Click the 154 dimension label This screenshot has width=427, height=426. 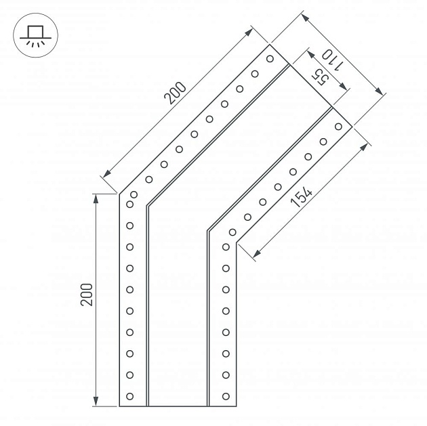(x=302, y=196)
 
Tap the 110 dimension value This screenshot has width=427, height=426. (x=333, y=60)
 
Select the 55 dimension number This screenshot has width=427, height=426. (x=320, y=77)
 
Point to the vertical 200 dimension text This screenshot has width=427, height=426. (x=87, y=295)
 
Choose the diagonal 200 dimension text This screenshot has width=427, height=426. (x=175, y=93)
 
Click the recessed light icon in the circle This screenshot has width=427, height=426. (x=35, y=35)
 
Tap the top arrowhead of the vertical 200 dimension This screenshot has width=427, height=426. (x=96, y=199)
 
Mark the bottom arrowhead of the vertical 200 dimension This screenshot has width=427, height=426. (x=96, y=401)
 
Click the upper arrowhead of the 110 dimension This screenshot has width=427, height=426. (x=305, y=18)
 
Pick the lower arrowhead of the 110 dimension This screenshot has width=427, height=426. (x=380, y=91)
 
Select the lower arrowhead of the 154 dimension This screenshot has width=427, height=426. (x=257, y=254)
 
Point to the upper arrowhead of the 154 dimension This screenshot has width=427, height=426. (x=364, y=147)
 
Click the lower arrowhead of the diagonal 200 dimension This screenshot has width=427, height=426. (x=107, y=173)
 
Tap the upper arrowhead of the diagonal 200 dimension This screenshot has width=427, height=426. (x=249, y=32)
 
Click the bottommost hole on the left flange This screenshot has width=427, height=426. (x=130, y=396)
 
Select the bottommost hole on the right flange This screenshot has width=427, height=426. (x=226, y=396)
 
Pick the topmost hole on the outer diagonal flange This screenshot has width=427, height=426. (x=270, y=58)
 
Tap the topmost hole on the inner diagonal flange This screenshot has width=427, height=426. (x=338, y=127)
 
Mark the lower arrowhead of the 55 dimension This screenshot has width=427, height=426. (x=344, y=87)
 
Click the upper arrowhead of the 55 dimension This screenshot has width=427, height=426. (x=311, y=54)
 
